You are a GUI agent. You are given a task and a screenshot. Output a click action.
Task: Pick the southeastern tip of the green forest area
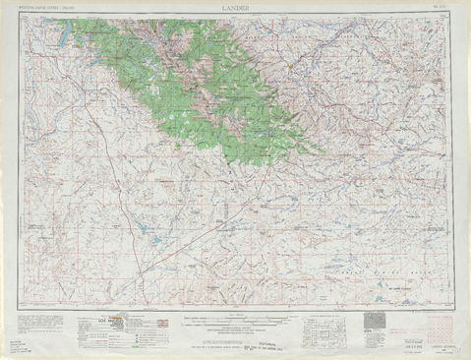point(318,151)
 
